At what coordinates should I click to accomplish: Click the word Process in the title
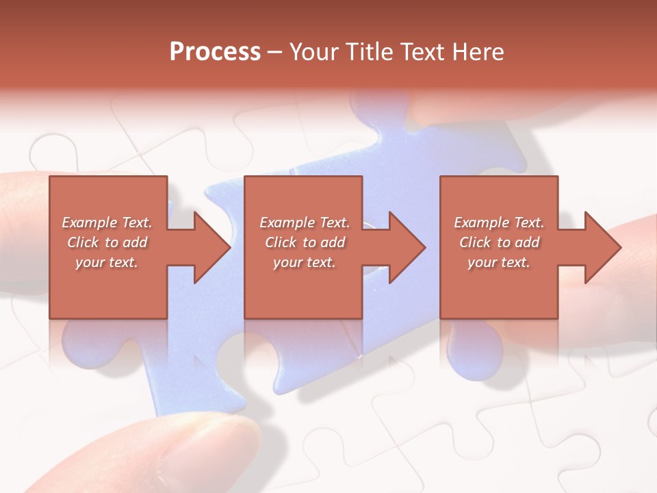(x=215, y=52)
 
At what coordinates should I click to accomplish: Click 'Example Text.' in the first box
(x=107, y=223)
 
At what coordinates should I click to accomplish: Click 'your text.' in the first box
(x=107, y=262)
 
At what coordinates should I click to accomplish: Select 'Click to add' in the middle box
(x=305, y=242)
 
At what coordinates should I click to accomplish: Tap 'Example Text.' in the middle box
(x=305, y=223)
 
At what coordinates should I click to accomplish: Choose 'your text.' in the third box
(x=499, y=262)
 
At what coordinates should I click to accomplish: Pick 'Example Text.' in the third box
(x=499, y=223)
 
